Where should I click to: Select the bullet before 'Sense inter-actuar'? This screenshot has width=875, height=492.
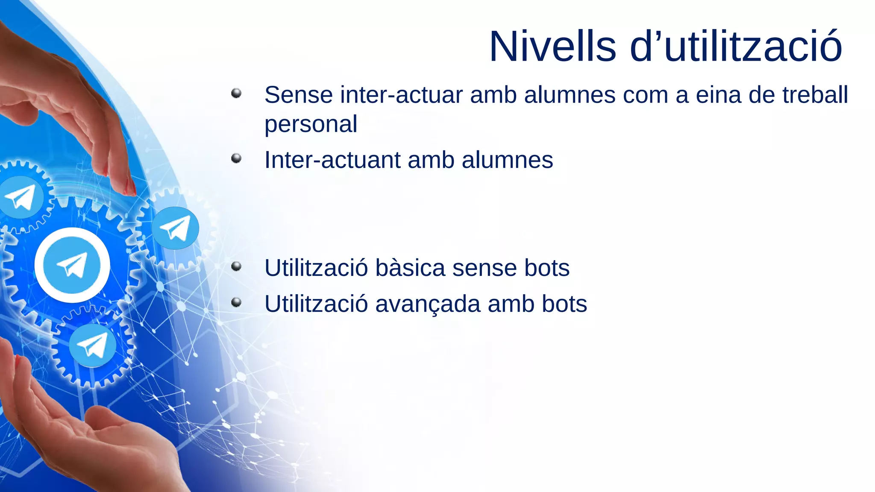(x=236, y=93)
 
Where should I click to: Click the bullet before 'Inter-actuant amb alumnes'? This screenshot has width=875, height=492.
(x=236, y=158)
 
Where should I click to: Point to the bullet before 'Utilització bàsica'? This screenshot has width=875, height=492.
(x=236, y=267)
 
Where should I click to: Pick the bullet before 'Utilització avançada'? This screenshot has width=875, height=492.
(x=236, y=303)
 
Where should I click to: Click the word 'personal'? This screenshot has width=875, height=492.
(x=311, y=124)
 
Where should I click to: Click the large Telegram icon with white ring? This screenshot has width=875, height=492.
(x=72, y=265)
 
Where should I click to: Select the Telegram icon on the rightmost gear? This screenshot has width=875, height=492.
(x=176, y=228)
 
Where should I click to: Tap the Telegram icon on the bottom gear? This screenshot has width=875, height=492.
(x=92, y=345)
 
